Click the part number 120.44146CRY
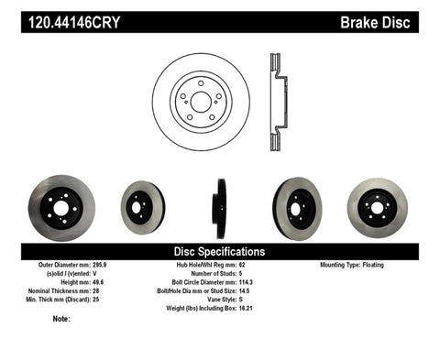[56, 19]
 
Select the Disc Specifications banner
[220, 250]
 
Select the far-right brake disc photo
[379, 204]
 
